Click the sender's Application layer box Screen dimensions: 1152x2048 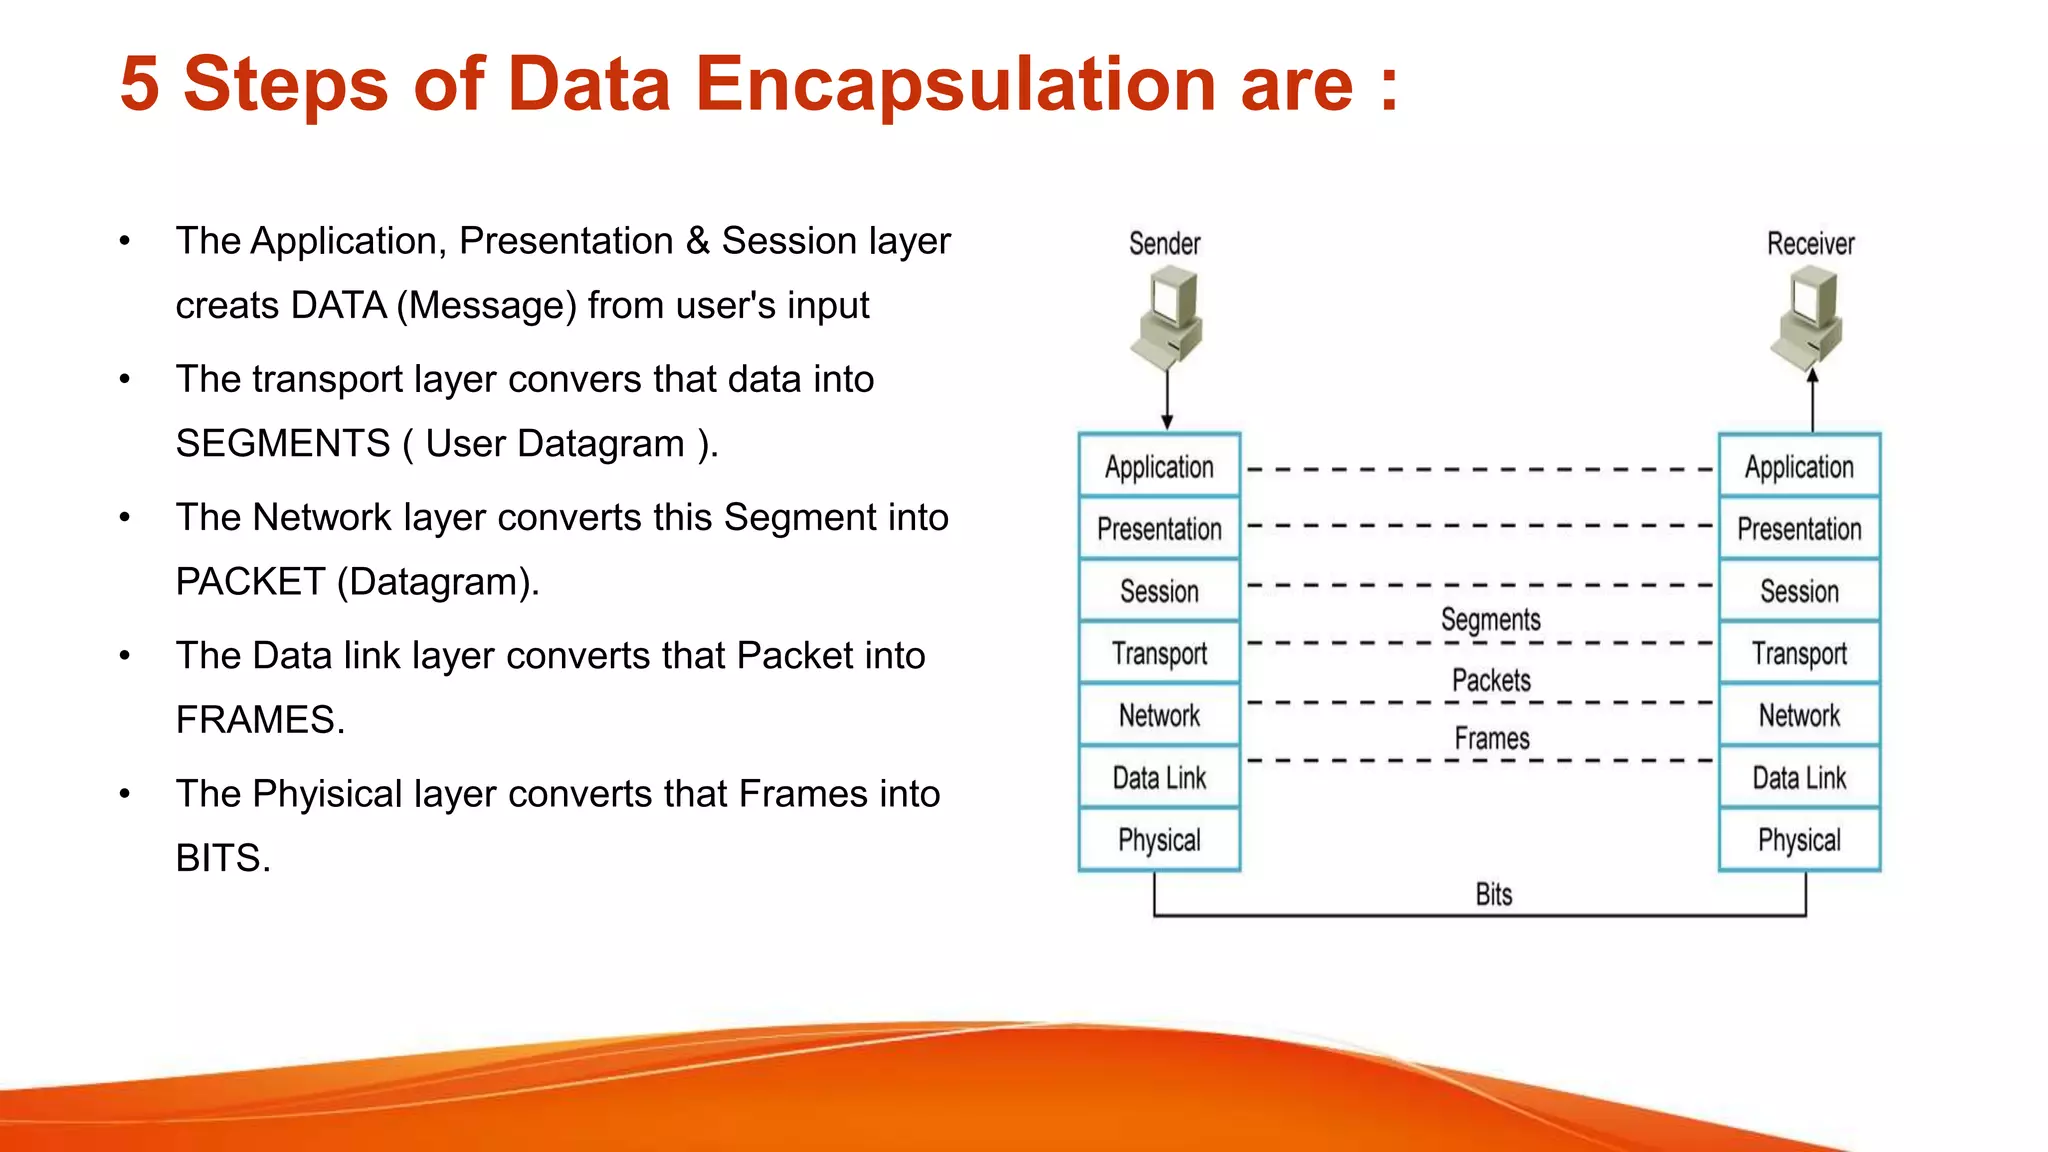1159,467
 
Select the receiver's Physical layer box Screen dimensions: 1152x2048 1799,840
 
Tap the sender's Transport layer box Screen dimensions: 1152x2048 1159,653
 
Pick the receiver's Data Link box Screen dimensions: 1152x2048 1799,778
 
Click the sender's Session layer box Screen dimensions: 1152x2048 1159,591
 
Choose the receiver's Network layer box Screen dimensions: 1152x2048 1799,715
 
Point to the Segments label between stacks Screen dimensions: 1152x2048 1490,620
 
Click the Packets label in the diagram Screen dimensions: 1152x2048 1491,681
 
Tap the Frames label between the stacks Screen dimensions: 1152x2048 1492,739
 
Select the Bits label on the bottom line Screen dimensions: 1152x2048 1494,894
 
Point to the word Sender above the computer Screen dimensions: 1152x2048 1164,244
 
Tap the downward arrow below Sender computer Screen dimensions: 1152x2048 1167,400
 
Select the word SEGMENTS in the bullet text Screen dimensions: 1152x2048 283,443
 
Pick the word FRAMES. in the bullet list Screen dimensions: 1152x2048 260,720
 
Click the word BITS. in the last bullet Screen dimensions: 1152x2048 223,858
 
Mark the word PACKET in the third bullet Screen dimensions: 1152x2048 250,582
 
